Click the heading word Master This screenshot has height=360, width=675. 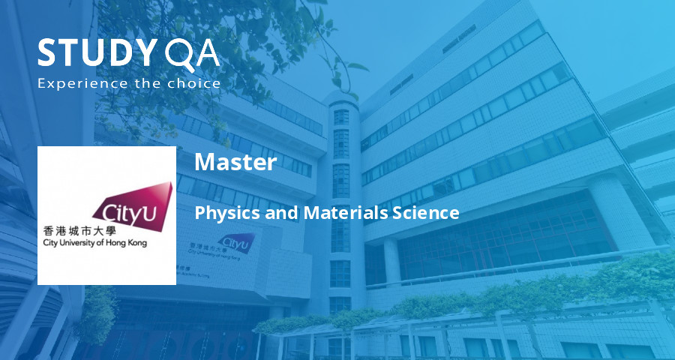pyautogui.click(x=235, y=162)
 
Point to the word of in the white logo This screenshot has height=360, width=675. pyautogui.click(x=104, y=244)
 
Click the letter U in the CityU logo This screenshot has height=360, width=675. pyautogui.click(x=148, y=213)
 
